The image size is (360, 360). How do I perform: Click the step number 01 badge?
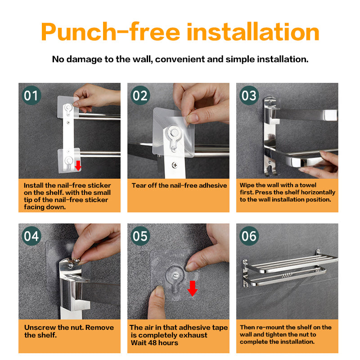[x=31, y=95]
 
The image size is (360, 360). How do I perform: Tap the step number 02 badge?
[x=140, y=95]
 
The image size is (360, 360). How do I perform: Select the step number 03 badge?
[x=249, y=95]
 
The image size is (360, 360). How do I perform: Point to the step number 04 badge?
[x=31, y=236]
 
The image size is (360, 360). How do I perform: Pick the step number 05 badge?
[x=140, y=236]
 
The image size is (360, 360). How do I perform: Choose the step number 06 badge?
[x=249, y=236]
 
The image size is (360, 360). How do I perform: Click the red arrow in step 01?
[x=78, y=166]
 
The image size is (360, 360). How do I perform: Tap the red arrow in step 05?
[x=193, y=288]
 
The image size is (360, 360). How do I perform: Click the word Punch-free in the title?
[x=110, y=32]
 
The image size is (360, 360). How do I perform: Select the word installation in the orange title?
[x=253, y=31]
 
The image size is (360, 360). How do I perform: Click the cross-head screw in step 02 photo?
[x=175, y=165]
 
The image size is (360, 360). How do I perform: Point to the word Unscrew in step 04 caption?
[x=40, y=328]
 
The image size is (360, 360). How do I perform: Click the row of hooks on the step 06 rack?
[x=287, y=275]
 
